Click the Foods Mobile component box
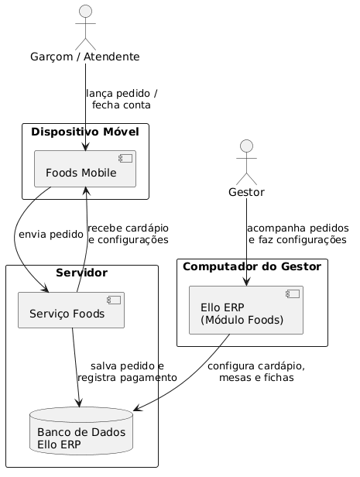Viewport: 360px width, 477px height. [85, 169]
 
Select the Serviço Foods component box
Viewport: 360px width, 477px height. [71, 310]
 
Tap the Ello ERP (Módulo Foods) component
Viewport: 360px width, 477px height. [246, 310]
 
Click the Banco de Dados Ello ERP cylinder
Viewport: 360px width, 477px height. [81, 431]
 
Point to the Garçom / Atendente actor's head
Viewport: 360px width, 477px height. [85, 12]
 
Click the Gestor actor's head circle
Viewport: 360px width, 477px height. [247, 146]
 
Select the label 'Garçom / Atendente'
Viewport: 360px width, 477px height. [85, 57]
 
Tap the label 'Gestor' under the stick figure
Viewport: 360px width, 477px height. [247, 192]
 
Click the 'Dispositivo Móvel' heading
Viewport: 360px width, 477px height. [85, 132]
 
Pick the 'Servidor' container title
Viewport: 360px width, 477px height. [82, 273]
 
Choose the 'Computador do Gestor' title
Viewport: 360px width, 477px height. [252, 266]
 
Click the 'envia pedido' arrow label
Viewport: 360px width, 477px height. [51, 235]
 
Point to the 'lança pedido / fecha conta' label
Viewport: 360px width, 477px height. [122, 99]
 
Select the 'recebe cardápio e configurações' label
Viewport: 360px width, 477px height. [128, 234]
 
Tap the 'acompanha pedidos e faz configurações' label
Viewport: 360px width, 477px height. [298, 234]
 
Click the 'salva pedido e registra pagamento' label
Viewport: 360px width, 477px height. [128, 372]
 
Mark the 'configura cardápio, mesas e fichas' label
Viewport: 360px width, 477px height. [256, 372]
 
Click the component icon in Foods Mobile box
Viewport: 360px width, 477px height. [125, 158]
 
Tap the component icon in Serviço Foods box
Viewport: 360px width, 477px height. [114, 300]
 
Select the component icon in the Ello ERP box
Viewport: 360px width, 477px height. [293, 294]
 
